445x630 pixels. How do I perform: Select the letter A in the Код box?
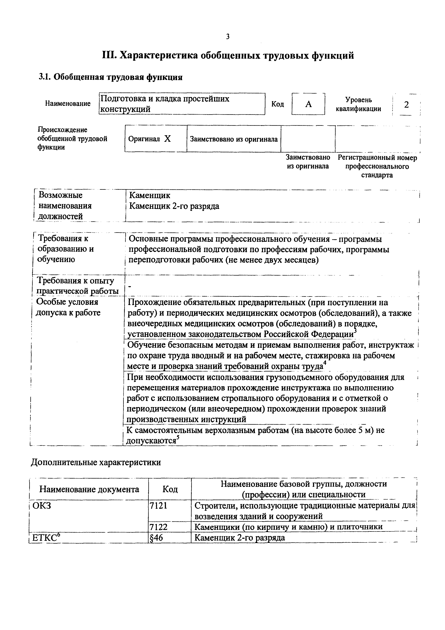pyautogui.click(x=308, y=104)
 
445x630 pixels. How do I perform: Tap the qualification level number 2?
pyautogui.click(x=406, y=105)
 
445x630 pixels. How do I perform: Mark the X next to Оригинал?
pyautogui.click(x=167, y=139)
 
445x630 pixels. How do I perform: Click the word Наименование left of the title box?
pyautogui.click(x=68, y=103)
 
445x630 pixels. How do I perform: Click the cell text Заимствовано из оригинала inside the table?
pyautogui.click(x=234, y=139)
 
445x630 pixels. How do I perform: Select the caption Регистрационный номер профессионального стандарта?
pyautogui.click(x=377, y=167)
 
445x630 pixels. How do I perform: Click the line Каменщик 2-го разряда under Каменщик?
pyautogui.click(x=174, y=206)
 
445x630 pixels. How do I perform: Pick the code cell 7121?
pyautogui.click(x=158, y=506)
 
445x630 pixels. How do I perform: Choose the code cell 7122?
pyautogui.click(x=158, y=527)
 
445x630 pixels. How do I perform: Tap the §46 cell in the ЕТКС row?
pyautogui.click(x=156, y=537)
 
